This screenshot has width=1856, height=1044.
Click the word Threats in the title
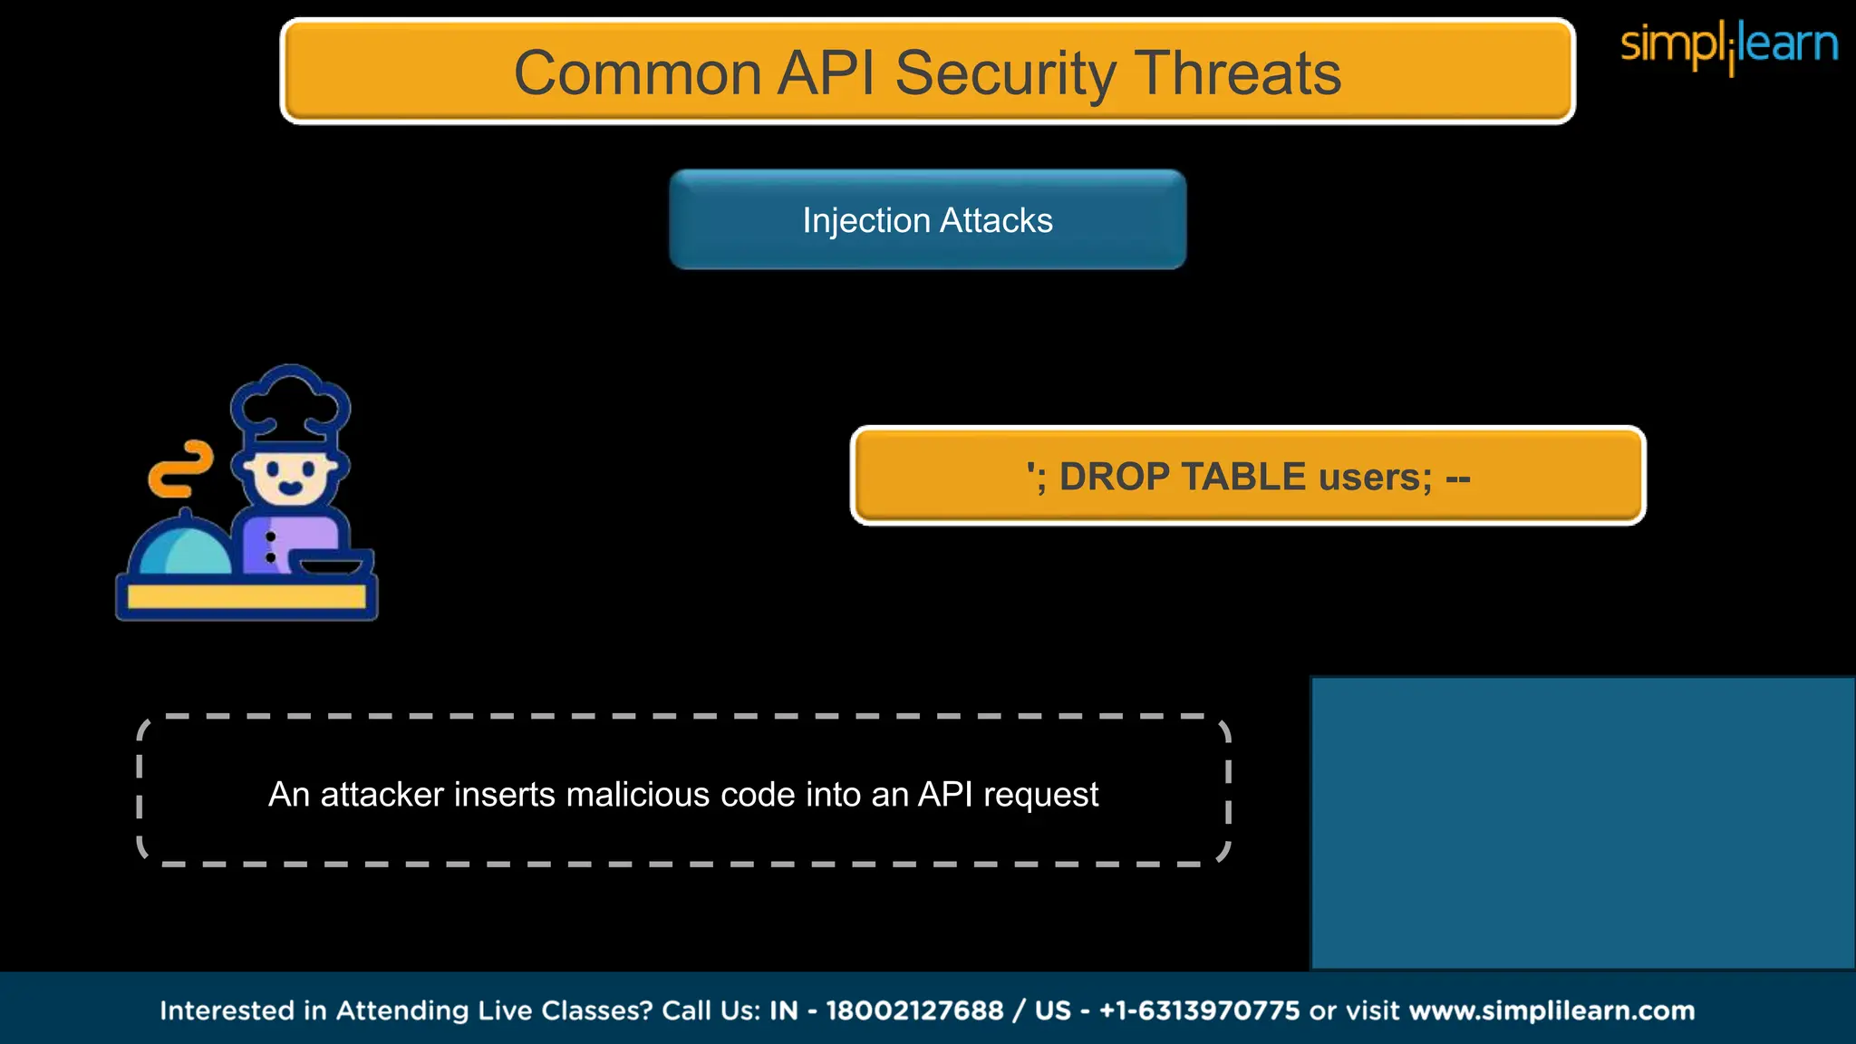click(x=1237, y=72)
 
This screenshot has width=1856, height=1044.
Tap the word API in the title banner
click(x=826, y=72)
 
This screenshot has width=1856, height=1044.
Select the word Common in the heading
click(x=637, y=72)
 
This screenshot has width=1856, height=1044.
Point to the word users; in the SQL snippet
click(x=1376, y=477)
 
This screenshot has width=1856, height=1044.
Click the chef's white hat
click(x=290, y=403)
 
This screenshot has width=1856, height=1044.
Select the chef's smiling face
click(x=290, y=476)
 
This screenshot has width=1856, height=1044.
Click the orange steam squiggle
click(x=181, y=469)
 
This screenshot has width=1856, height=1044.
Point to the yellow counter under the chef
click(x=246, y=596)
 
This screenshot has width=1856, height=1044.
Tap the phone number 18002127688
click(x=914, y=1010)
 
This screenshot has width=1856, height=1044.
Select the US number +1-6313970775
click(x=1199, y=1010)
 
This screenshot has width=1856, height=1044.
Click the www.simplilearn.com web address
click(x=1551, y=1010)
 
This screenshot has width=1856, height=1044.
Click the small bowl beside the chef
click(x=331, y=565)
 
